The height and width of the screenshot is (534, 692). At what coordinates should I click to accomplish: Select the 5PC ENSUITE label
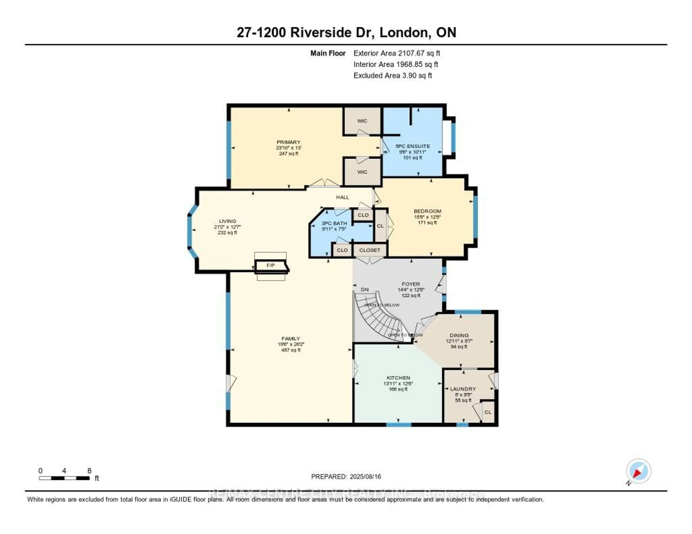click(x=412, y=146)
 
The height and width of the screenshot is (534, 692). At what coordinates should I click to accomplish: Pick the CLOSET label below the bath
click(x=369, y=250)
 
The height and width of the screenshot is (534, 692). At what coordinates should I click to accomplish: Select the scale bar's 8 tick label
click(x=89, y=471)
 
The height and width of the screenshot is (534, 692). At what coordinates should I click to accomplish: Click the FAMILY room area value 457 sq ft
click(x=290, y=350)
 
